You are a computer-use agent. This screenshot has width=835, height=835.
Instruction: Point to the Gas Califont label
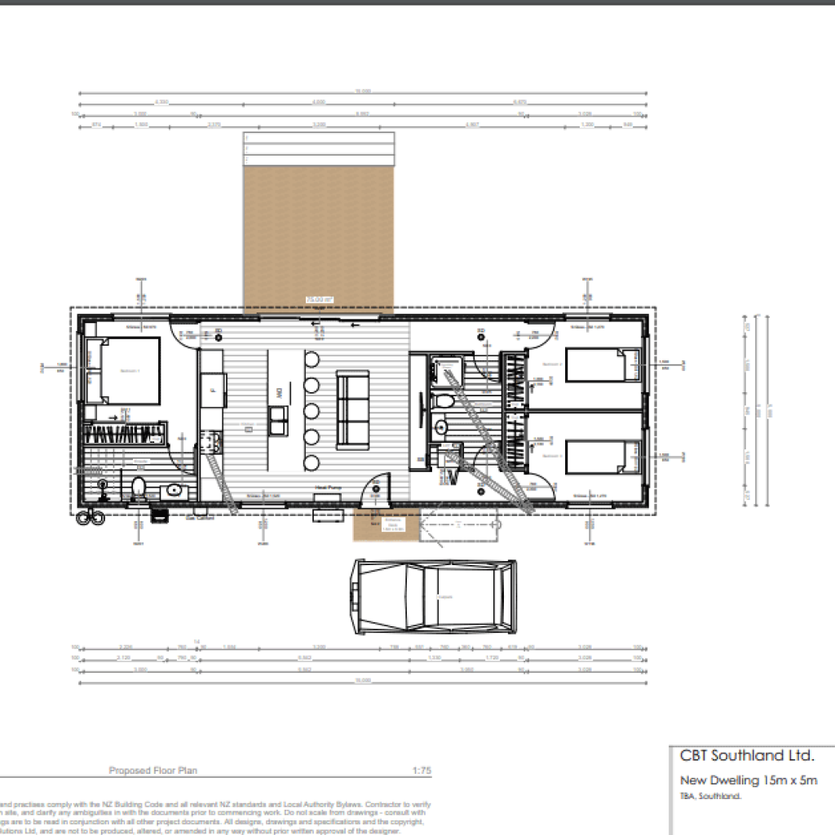click(x=200, y=518)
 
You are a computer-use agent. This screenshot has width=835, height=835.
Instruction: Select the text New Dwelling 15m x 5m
click(x=749, y=781)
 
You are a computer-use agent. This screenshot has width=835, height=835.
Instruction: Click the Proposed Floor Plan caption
click(x=152, y=770)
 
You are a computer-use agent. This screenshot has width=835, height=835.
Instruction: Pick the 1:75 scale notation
click(x=422, y=770)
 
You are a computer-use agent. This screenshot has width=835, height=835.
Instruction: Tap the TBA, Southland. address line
click(x=709, y=797)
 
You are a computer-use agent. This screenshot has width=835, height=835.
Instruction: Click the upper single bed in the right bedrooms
click(x=602, y=364)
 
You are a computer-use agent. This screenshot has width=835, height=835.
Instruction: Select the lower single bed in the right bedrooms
click(x=602, y=457)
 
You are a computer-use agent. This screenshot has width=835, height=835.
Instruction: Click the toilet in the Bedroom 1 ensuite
click(x=139, y=488)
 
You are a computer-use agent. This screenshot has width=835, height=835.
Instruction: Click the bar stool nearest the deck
click(x=312, y=360)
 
